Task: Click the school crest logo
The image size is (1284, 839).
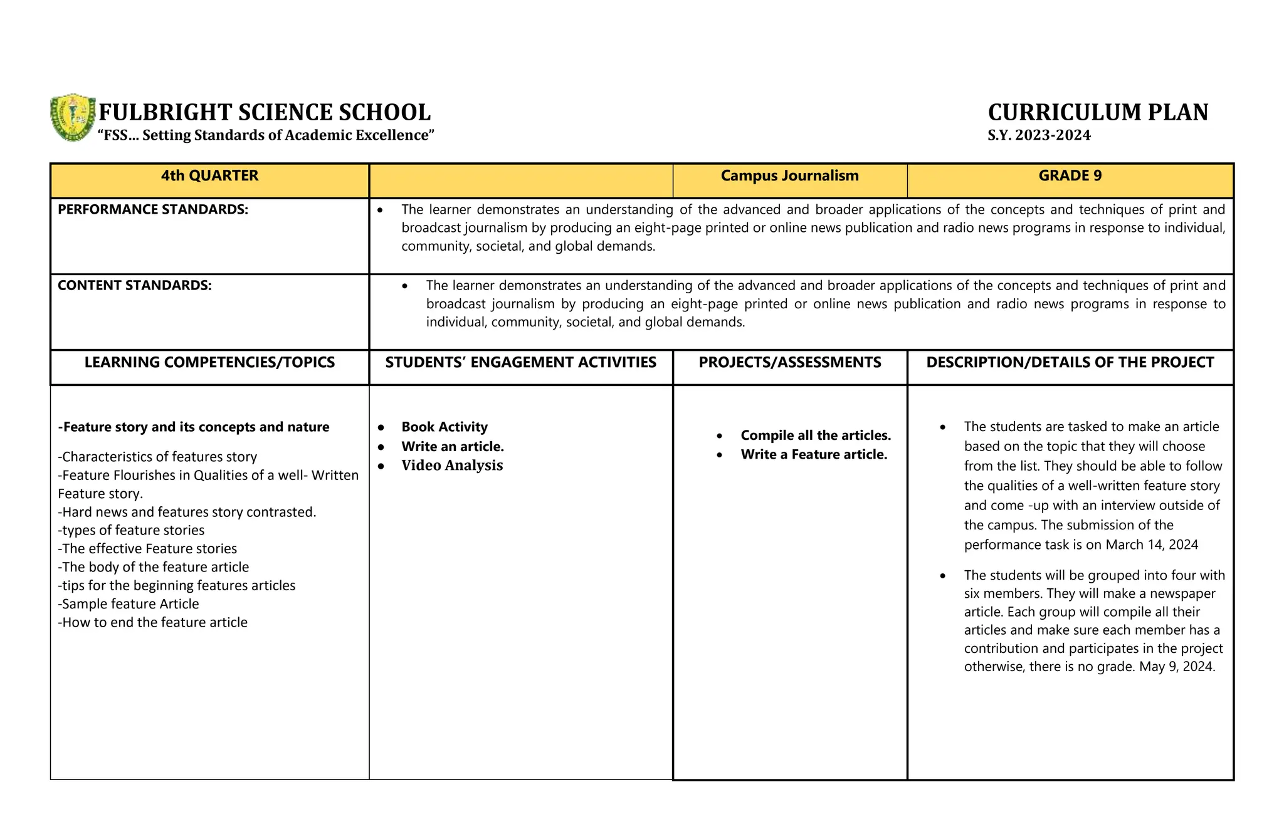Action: pyautogui.click(x=73, y=118)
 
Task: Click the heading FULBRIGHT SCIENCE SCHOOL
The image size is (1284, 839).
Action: pyautogui.click(x=265, y=113)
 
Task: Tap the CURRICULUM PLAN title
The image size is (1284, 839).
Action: pyautogui.click(x=1098, y=113)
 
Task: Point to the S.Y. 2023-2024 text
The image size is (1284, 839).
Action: pyautogui.click(x=1039, y=135)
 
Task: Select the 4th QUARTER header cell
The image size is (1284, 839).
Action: pyautogui.click(x=209, y=176)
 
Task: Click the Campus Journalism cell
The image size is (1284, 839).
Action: pyautogui.click(x=789, y=176)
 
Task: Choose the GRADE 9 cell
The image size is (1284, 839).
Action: pyautogui.click(x=1070, y=176)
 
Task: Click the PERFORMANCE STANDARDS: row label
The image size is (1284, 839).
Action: pyautogui.click(x=153, y=210)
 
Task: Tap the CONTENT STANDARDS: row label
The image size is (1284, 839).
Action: pyautogui.click(x=135, y=286)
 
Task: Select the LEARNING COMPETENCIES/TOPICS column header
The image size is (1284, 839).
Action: pyautogui.click(x=209, y=363)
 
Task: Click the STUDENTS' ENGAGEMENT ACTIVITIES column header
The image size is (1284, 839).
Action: pyautogui.click(x=520, y=363)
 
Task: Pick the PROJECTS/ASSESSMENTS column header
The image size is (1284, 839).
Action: pyautogui.click(x=789, y=363)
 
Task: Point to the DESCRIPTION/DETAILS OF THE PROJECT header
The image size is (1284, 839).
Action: pyautogui.click(x=1070, y=363)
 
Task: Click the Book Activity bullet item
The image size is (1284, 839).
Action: pyautogui.click(x=445, y=427)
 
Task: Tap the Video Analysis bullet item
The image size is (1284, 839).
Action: pyautogui.click(x=452, y=466)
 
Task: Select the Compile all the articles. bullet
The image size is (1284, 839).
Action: pyautogui.click(x=815, y=435)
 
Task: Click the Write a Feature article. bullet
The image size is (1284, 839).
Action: pyautogui.click(x=814, y=455)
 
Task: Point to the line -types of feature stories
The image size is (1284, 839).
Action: pyautogui.click(x=131, y=531)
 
